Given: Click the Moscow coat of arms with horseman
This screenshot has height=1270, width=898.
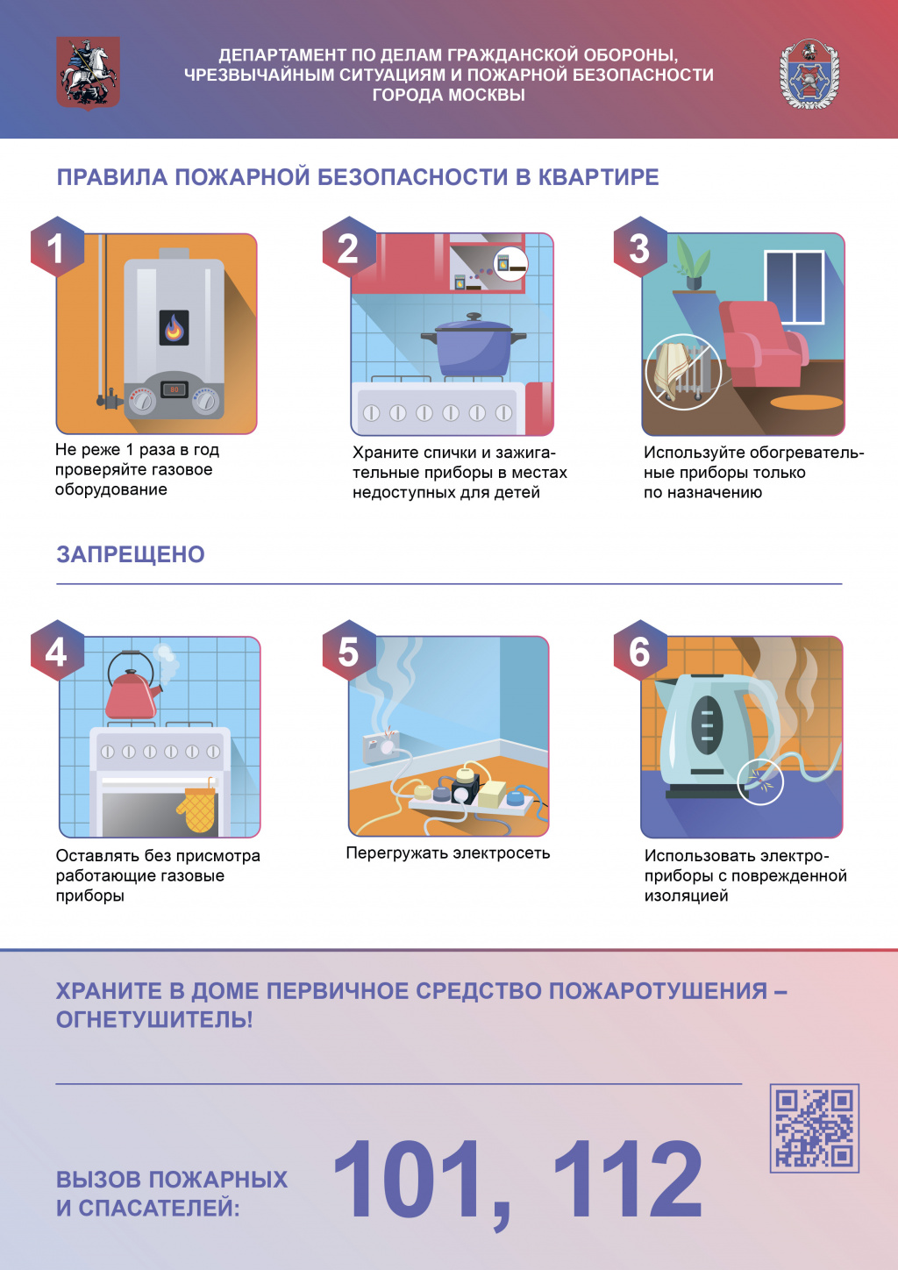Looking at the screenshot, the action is (x=88, y=73).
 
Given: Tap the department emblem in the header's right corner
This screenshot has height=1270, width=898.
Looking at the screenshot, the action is (x=809, y=74).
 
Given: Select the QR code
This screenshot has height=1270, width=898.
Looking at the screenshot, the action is (x=814, y=1128).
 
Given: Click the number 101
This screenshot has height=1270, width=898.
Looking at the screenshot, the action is (x=408, y=1180).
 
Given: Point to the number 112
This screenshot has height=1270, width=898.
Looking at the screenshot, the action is (x=628, y=1180).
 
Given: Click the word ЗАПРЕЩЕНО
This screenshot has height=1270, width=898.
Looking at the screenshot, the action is (x=131, y=554).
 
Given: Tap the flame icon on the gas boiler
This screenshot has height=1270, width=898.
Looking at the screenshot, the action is (x=174, y=328).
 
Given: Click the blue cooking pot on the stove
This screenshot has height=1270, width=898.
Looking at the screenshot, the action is (x=474, y=345).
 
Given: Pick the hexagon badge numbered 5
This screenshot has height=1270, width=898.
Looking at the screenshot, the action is (x=348, y=650).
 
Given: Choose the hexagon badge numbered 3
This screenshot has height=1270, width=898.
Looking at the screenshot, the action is (x=639, y=247).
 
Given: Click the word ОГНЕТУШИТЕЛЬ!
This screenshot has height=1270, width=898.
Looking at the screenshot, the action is (x=154, y=1019).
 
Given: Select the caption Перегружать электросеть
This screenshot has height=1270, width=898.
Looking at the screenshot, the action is (x=448, y=853).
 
